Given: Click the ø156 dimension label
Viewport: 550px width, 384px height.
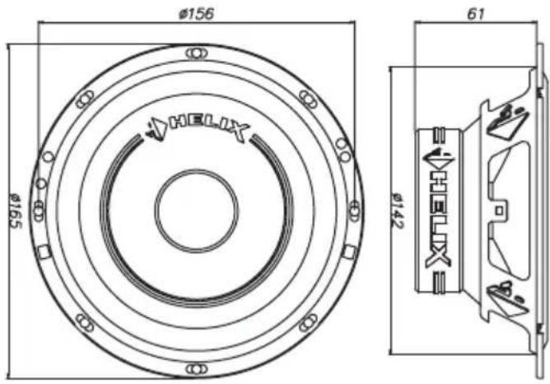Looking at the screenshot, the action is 196,14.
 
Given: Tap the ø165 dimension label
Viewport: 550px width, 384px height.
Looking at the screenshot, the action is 15,211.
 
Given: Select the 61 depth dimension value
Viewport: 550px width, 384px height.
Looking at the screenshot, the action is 476,14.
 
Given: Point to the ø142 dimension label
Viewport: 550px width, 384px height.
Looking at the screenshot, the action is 398,211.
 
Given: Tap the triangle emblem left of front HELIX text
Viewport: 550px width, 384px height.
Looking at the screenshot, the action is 156,128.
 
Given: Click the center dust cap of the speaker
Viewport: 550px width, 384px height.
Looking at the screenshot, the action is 197,211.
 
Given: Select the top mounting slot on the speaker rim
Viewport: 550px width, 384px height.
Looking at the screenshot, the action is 197,53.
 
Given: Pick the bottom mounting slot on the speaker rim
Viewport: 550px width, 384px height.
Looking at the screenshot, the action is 197,369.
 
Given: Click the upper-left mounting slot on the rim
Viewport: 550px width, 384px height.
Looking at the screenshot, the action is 86,99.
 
